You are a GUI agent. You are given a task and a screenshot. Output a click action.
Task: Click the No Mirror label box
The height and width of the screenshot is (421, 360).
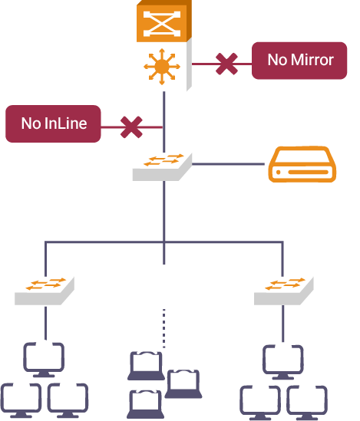[299, 61]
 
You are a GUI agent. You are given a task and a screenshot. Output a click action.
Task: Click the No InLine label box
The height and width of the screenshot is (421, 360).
[53, 123]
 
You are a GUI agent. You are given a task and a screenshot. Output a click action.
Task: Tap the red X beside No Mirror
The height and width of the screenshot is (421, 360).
[226, 64]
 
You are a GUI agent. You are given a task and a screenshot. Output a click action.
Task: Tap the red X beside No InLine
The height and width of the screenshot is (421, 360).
[131, 127]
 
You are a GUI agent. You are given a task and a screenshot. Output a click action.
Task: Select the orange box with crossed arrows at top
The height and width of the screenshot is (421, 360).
[164, 21]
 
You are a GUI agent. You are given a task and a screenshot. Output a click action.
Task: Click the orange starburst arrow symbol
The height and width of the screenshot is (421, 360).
[162, 67]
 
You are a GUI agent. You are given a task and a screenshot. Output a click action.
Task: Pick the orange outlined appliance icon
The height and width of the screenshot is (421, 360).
[302, 164]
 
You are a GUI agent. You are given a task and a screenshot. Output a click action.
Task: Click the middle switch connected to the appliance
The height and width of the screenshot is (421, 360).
[162, 167]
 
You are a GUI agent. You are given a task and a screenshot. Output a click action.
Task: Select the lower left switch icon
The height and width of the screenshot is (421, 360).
[45, 291]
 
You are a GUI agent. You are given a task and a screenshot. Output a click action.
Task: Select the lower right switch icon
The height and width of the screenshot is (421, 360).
[284, 291]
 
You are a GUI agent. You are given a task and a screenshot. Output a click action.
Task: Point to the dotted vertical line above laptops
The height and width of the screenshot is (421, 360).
[164, 328]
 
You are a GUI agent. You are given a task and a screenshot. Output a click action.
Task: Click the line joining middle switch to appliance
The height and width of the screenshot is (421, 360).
[229, 164]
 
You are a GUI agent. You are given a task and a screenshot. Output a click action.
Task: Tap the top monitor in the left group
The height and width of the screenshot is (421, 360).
[44, 360]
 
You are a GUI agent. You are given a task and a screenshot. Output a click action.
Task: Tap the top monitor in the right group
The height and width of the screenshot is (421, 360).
[283, 362]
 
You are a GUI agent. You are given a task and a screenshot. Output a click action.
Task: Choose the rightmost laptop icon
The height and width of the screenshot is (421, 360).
[183, 384]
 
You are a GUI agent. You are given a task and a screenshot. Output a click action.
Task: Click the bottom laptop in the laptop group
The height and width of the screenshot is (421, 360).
[145, 404]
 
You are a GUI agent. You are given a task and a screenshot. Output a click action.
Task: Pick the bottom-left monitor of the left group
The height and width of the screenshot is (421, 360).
[21, 400]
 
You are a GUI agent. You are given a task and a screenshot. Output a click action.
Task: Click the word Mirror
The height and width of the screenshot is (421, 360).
[312, 60]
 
